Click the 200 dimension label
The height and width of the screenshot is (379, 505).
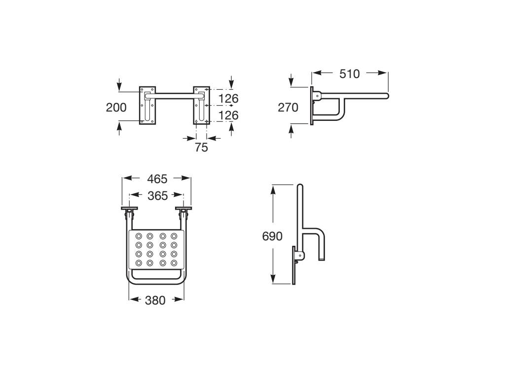coord(116,107)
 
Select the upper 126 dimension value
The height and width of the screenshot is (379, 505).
coord(228,99)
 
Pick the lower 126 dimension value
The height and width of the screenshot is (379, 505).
coord(228,115)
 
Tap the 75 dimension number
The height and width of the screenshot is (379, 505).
coord(201,147)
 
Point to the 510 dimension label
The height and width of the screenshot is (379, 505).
coord(350,74)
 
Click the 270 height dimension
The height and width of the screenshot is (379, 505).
coord(288,107)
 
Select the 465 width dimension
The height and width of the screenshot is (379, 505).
coord(157,179)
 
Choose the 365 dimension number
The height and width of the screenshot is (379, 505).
coord(157,196)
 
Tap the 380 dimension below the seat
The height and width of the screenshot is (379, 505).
coord(155,300)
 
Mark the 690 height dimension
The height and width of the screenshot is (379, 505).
coord(272,236)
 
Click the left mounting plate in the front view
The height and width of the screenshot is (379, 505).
coord(146,105)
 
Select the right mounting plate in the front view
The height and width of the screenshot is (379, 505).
coord(200,105)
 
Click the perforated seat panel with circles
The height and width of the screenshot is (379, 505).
coord(156,249)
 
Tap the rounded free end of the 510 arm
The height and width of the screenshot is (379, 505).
coord(387,96)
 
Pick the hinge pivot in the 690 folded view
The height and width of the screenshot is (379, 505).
coord(299,255)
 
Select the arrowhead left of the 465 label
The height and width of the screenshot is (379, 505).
coord(126,178)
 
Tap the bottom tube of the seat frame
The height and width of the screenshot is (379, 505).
coord(156,283)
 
